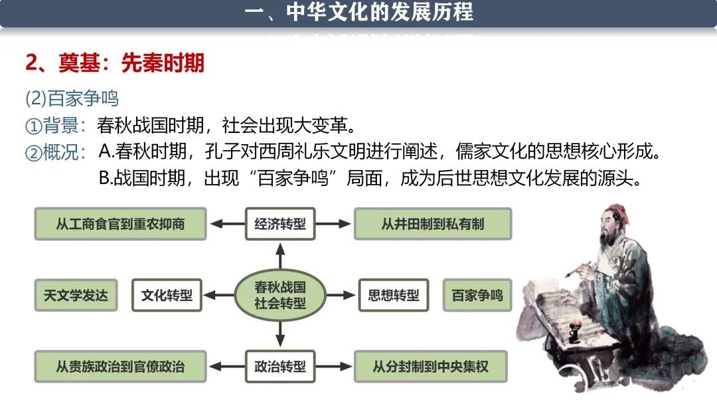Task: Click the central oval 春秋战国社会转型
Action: tap(280, 295)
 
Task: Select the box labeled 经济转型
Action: tap(280, 224)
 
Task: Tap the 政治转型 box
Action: tap(280, 366)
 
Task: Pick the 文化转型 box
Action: tap(167, 295)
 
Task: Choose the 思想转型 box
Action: tap(394, 295)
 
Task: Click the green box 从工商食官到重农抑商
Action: tap(120, 224)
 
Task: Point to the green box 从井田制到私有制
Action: tap(433, 224)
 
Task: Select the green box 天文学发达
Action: tap(76, 295)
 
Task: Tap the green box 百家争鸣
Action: tap(477, 295)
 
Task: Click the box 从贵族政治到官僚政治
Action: tap(120, 366)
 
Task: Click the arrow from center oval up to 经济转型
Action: tap(280, 256)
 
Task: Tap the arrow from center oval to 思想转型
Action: tap(340, 295)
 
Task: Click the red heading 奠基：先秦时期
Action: tap(115, 63)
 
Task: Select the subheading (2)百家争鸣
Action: tap(72, 98)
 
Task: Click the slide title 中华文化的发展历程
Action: tap(359, 12)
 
